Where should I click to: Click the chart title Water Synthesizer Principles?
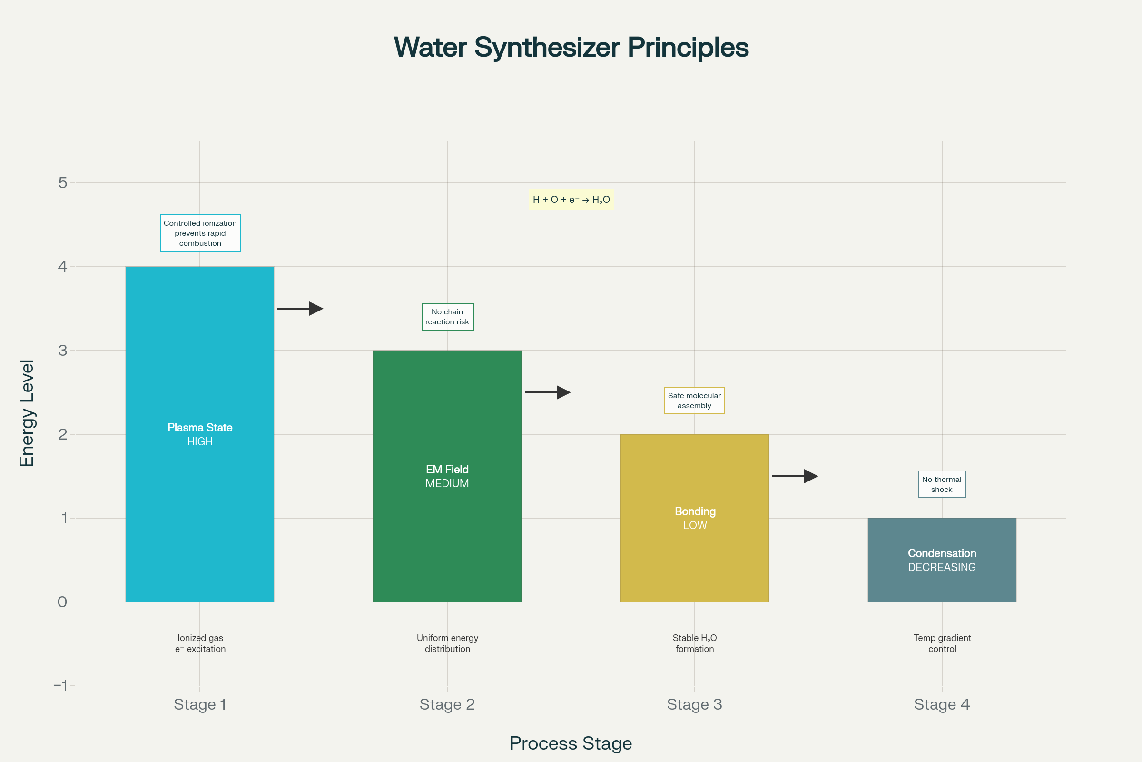tap(571, 48)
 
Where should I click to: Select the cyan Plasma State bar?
tap(199, 434)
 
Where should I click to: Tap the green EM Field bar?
tap(447, 476)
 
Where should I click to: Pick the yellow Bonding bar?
tap(694, 518)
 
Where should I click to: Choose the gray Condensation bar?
tap(942, 560)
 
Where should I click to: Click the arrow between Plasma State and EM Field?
tap(300, 309)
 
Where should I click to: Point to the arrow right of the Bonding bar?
tap(795, 476)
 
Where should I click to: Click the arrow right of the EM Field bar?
tap(548, 392)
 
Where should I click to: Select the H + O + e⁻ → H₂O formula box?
tap(571, 200)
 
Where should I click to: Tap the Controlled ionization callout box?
tap(200, 233)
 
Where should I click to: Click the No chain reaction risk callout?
tap(447, 317)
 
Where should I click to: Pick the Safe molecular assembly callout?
tap(694, 401)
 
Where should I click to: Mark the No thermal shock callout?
tap(942, 484)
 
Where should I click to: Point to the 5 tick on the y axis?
tap(63, 183)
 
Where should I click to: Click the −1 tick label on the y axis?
tap(61, 686)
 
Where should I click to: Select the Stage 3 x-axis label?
tap(694, 704)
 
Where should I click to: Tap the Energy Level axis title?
tap(27, 413)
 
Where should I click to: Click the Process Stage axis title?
tap(571, 743)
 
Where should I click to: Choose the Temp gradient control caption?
tap(943, 643)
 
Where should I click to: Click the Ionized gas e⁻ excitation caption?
tap(200, 643)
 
